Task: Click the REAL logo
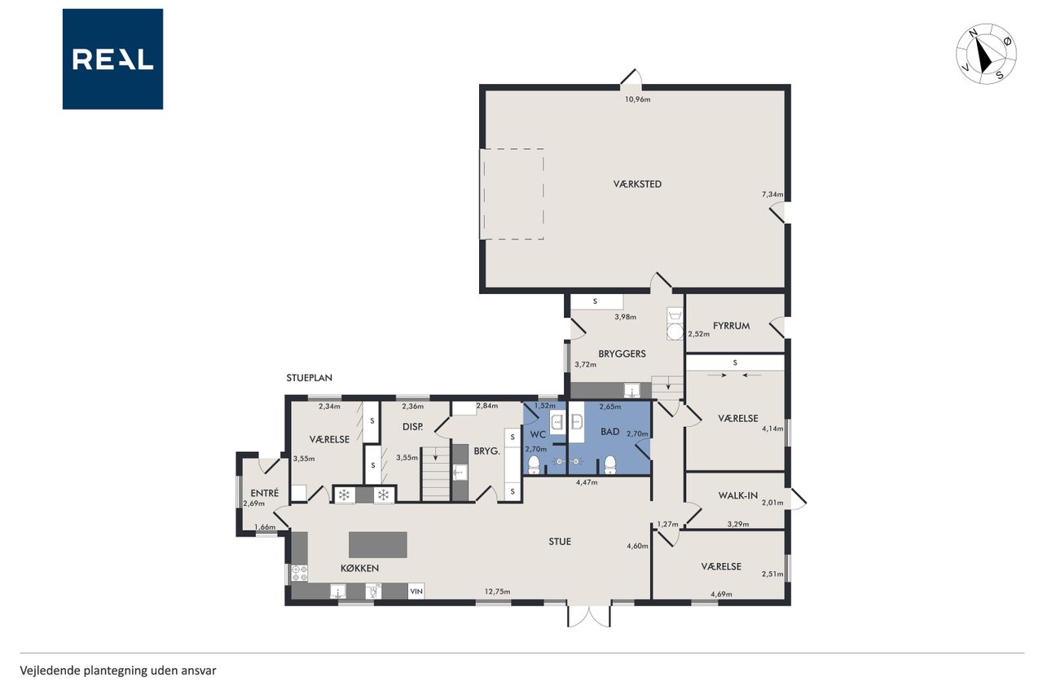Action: [x=112, y=59]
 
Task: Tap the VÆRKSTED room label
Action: [x=637, y=184]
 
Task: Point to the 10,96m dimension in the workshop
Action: [x=637, y=99]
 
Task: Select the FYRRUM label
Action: [x=731, y=326]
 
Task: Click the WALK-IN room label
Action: [x=737, y=495]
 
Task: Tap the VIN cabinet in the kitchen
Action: [x=416, y=592]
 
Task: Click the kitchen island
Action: [x=378, y=544]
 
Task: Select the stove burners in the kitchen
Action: [x=299, y=573]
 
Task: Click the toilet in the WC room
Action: [x=534, y=464]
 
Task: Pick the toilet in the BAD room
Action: [x=610, y=464]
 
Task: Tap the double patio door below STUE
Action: [x=589, y=615]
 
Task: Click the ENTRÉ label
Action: [x=265, y=493]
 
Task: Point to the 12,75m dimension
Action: [x=497, y=592]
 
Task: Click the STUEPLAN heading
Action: [x=309, y=378]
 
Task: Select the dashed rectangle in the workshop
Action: [x=513, y=194]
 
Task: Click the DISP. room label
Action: [x=412, y=426]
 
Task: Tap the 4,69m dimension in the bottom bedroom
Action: [x=721, y=594]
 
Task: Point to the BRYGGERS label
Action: [x=622, y=354]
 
